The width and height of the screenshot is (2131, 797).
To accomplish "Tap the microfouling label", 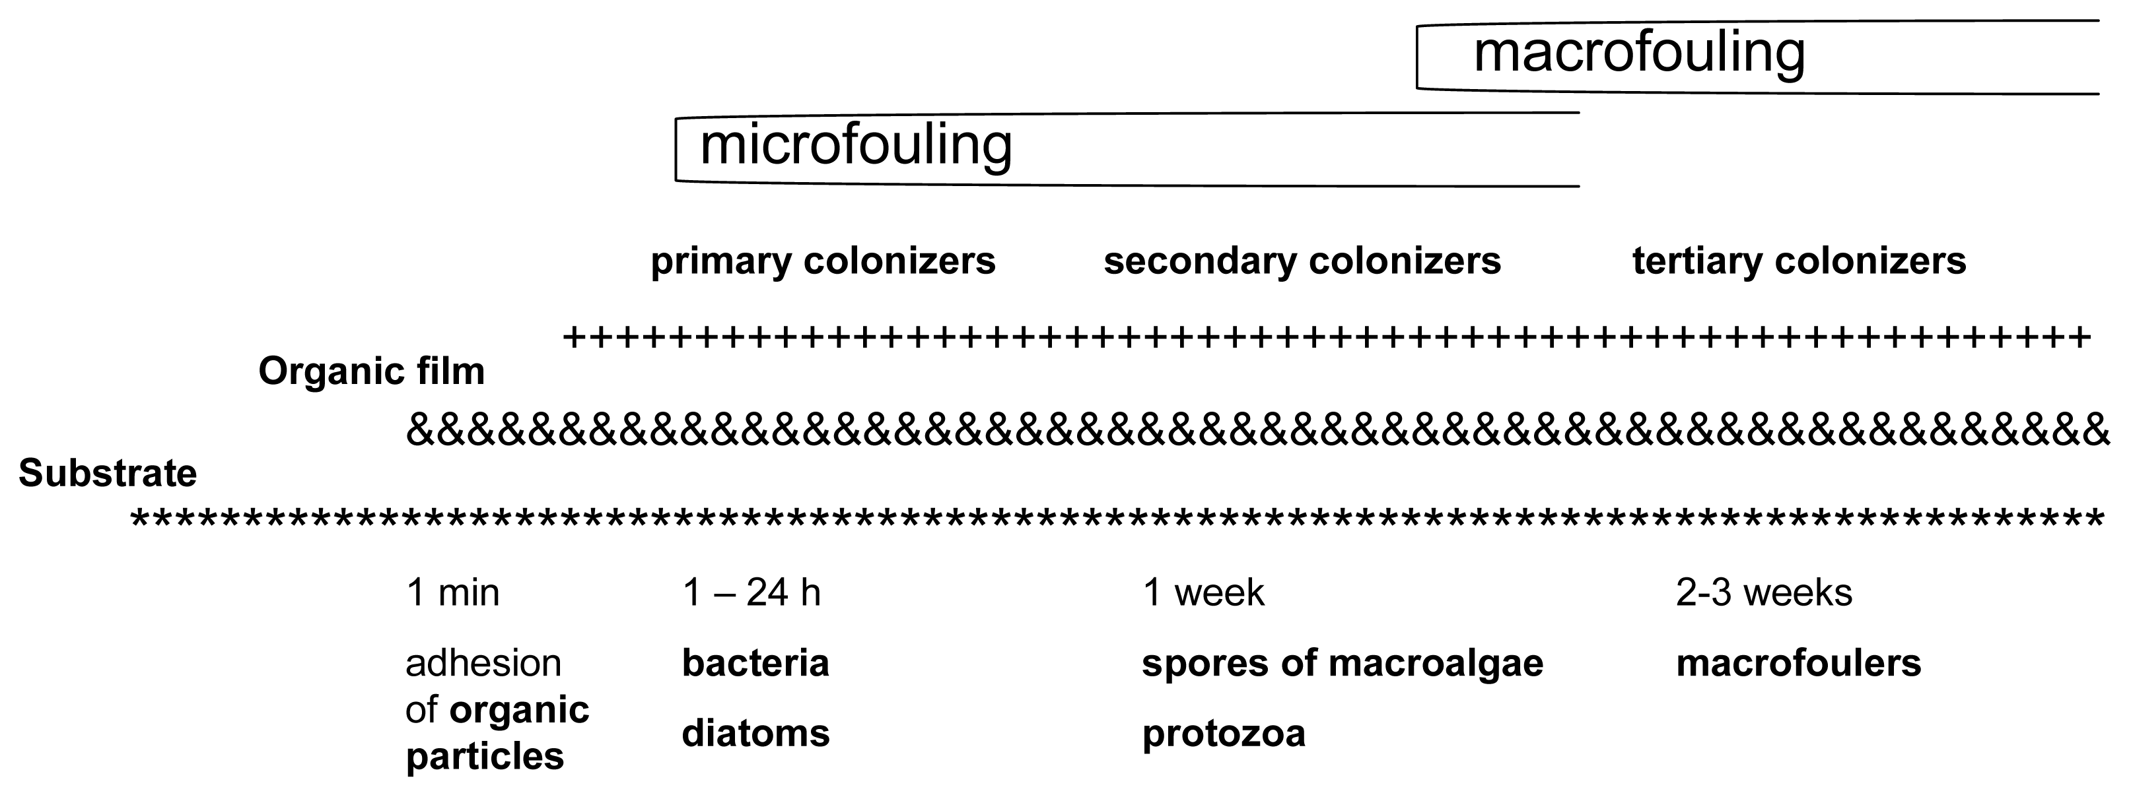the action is tap(855, 146).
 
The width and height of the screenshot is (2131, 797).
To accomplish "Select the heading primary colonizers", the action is tap(822, 261).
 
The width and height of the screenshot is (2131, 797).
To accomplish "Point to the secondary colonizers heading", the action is tap(1302, 261).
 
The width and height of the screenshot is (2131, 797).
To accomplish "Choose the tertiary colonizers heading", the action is tap(1798, 261).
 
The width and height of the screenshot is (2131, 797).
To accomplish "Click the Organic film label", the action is tap(371, 372).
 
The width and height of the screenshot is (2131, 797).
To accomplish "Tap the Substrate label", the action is tap(108, 474).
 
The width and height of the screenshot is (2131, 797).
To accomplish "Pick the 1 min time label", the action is tap(452, 592).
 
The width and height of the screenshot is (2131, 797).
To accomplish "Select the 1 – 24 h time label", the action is tap(751, 592).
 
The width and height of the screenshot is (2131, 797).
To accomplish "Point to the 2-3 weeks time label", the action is tap(1764, 592).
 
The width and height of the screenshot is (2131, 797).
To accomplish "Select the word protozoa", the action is tap(1223, 734).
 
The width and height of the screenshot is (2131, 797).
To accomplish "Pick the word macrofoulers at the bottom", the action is tap(1798, 663).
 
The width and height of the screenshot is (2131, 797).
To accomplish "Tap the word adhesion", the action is tap(483, 663).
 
